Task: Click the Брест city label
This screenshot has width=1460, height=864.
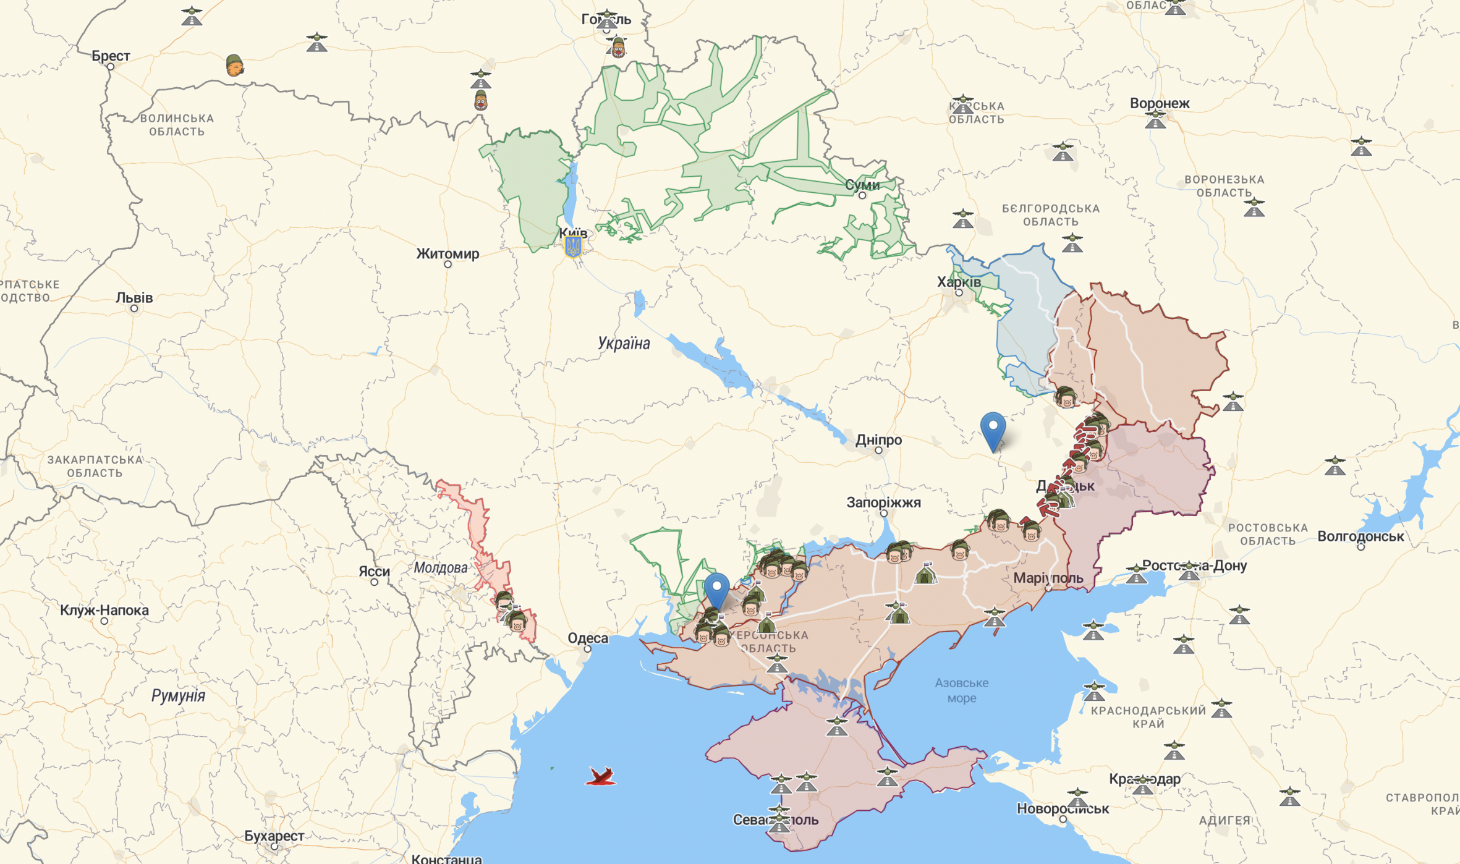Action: click(111, 56)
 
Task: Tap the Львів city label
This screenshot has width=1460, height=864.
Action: click(134, 298)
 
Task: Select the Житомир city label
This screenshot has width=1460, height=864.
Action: click(448, 254)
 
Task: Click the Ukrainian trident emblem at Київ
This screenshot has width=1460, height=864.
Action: click(573, 247)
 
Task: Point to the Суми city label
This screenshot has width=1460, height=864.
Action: click(862, 185)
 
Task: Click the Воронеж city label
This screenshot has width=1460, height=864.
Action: click(1159, 103)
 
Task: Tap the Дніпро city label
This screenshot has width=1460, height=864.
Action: click(878, 440)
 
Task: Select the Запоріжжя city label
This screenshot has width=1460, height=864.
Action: click(883, 502)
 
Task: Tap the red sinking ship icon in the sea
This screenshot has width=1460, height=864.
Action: click(600, 776)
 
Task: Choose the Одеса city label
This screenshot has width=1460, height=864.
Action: click(587, 638)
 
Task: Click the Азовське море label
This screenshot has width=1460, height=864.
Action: click(961, 690)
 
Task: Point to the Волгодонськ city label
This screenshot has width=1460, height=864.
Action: click(1360, 536)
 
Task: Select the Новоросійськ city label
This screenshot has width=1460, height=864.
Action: click(1063, 808)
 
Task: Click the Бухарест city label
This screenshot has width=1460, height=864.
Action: click(274, 836)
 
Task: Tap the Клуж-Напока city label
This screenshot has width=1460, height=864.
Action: click(104, 610)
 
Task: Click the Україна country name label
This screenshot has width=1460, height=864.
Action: click(624, 344)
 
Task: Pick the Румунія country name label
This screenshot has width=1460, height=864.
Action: click(178, 696)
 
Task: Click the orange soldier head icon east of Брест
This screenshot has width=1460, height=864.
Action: click(234, 65)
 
